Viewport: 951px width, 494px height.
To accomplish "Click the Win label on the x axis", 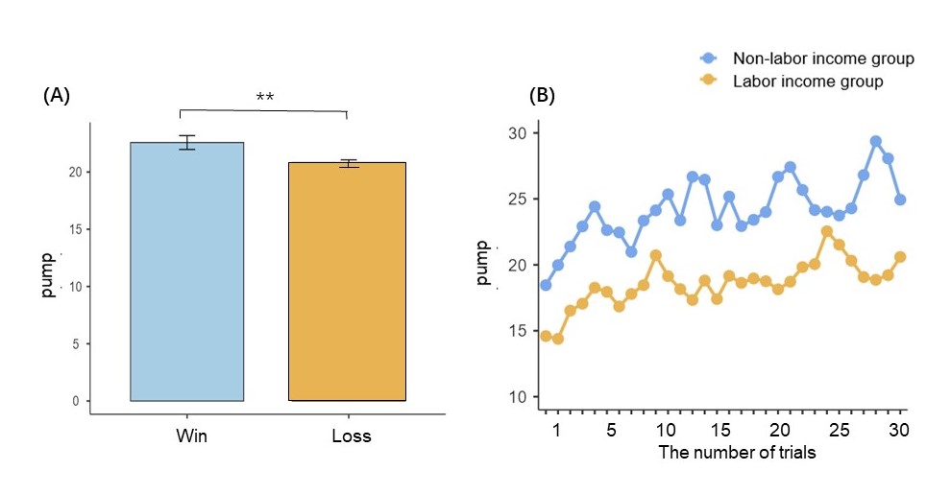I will click(192, 435).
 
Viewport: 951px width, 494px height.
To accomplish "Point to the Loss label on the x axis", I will click(351, 435).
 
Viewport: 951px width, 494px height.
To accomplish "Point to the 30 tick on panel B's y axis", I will click(517, 132).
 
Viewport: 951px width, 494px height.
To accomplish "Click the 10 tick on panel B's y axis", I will click(517, 397).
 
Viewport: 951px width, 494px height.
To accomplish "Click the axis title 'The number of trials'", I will click(737, 452).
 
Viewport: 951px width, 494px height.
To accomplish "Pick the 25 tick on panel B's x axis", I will click(839, 428).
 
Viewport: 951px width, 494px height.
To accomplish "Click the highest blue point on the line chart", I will click(875, 141).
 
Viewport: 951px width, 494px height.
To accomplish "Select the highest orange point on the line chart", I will click(826, 231).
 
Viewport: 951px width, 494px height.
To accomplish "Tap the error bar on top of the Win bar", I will click(186, 142).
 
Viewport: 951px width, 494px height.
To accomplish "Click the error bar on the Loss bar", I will click(347, 163).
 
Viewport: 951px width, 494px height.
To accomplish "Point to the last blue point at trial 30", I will click(900, 200).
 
